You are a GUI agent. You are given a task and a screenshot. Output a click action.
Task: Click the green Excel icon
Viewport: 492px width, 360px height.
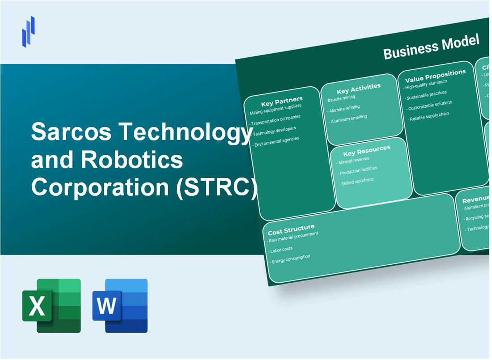(51, 305)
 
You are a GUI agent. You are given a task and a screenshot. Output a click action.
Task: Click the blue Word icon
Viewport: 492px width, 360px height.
(120, 305)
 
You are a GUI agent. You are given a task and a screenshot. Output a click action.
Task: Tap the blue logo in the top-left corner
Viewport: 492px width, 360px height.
(28, 31)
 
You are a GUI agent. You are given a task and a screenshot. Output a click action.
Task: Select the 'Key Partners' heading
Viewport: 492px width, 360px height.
(281, 100)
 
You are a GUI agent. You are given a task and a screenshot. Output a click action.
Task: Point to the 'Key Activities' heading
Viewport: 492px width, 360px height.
(358, 88)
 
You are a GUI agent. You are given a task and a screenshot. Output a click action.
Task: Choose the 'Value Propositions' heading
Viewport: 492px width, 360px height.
(435, 75)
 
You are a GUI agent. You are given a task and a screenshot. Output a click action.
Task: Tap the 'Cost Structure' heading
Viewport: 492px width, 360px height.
(291, 230)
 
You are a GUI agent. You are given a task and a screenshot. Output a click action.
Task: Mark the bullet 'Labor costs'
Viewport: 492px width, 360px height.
(281, 249)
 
